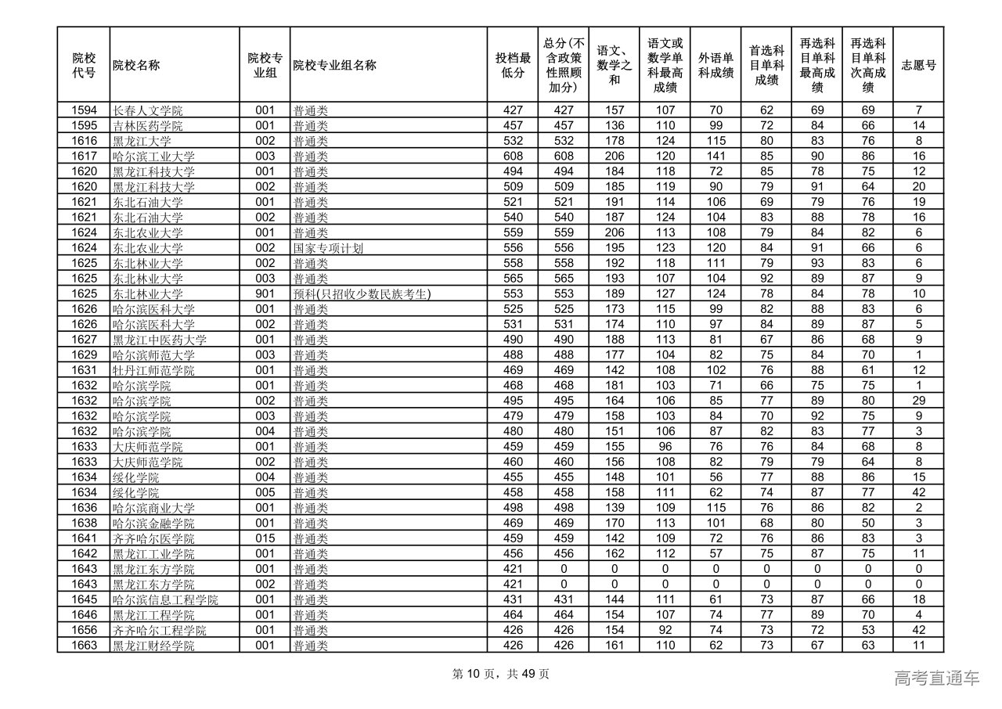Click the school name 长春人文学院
148,110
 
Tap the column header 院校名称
136,65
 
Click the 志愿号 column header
918,65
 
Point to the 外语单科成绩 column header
715,65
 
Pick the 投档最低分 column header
513,65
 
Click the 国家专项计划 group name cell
328,248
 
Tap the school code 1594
84,110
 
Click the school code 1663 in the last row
84,646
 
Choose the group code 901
265,294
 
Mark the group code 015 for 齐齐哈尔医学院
265,538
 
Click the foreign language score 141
715,157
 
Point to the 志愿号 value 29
918,401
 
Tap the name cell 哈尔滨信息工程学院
165,600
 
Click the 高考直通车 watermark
936,678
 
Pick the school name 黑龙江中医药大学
160,340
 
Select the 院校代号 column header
84,65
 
